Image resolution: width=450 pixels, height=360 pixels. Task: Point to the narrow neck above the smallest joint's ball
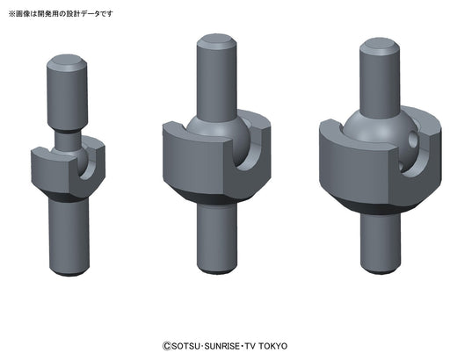click(x=69, y=138)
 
